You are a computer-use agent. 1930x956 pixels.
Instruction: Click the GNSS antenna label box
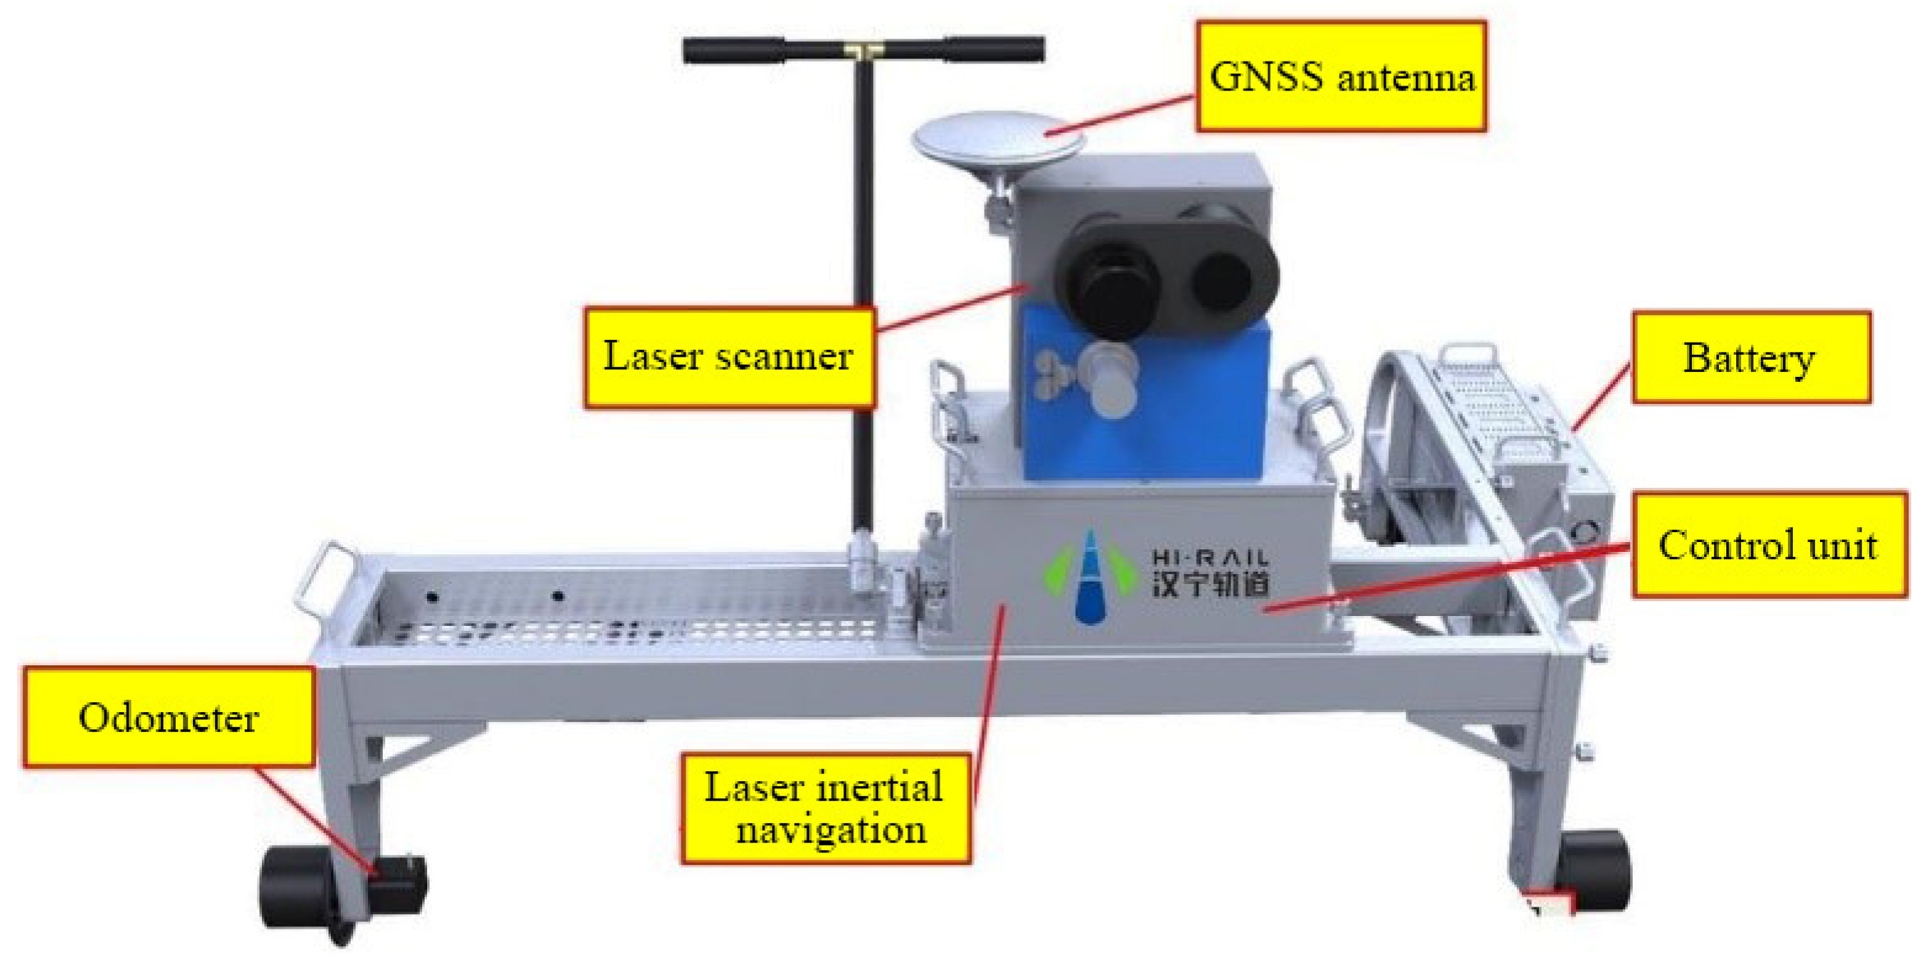coord(1340,76)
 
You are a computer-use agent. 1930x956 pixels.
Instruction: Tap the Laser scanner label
coord(728,356)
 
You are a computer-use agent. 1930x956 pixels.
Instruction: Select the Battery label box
coord(1750,357)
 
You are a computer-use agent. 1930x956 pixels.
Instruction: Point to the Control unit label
coord(1768,545)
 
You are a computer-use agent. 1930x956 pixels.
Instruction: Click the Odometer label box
coord(168,717)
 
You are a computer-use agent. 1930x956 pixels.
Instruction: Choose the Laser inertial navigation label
coord(825,808)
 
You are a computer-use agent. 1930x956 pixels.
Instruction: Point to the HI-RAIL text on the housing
coord(1210,558)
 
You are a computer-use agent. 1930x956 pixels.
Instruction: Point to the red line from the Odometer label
coord(312,817)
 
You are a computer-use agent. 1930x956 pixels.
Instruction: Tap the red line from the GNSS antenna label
coord(1121,115)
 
